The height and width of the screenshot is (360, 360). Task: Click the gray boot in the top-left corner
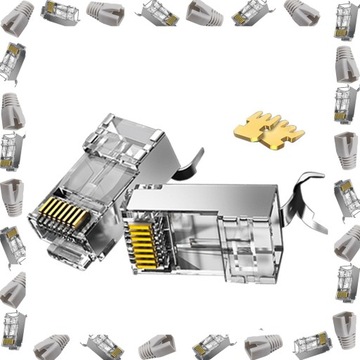click(x=19, y=14)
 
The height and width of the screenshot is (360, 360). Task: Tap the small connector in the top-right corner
click(x=341, y=17)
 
